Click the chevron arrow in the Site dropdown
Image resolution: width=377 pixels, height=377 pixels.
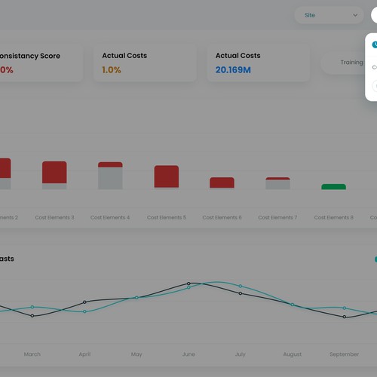pos(355,15)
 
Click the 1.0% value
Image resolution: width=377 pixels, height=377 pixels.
pos(112,70)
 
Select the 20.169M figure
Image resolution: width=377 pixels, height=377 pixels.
pos(233,70)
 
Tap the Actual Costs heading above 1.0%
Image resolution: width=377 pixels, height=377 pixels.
pos(124,56)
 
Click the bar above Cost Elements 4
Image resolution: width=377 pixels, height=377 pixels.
pos(110,175)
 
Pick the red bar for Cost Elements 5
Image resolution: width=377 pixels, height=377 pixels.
pos(166,176)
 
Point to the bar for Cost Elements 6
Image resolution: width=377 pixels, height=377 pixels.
pos(222,182)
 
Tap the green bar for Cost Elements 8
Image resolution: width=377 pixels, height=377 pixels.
pos(333,186)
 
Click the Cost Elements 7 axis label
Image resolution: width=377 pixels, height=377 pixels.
pos(277,218)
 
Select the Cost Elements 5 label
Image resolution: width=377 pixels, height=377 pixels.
pos(166,218)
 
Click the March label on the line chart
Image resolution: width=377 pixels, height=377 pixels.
pos(32,354)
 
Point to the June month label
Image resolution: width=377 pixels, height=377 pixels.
pos(188,354)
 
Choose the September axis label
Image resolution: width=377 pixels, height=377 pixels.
pos(344,354)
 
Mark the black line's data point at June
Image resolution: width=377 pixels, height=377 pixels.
pos(188,284)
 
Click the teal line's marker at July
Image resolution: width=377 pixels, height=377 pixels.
pos(240,287)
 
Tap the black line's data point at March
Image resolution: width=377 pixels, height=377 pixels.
pos(32,316)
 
